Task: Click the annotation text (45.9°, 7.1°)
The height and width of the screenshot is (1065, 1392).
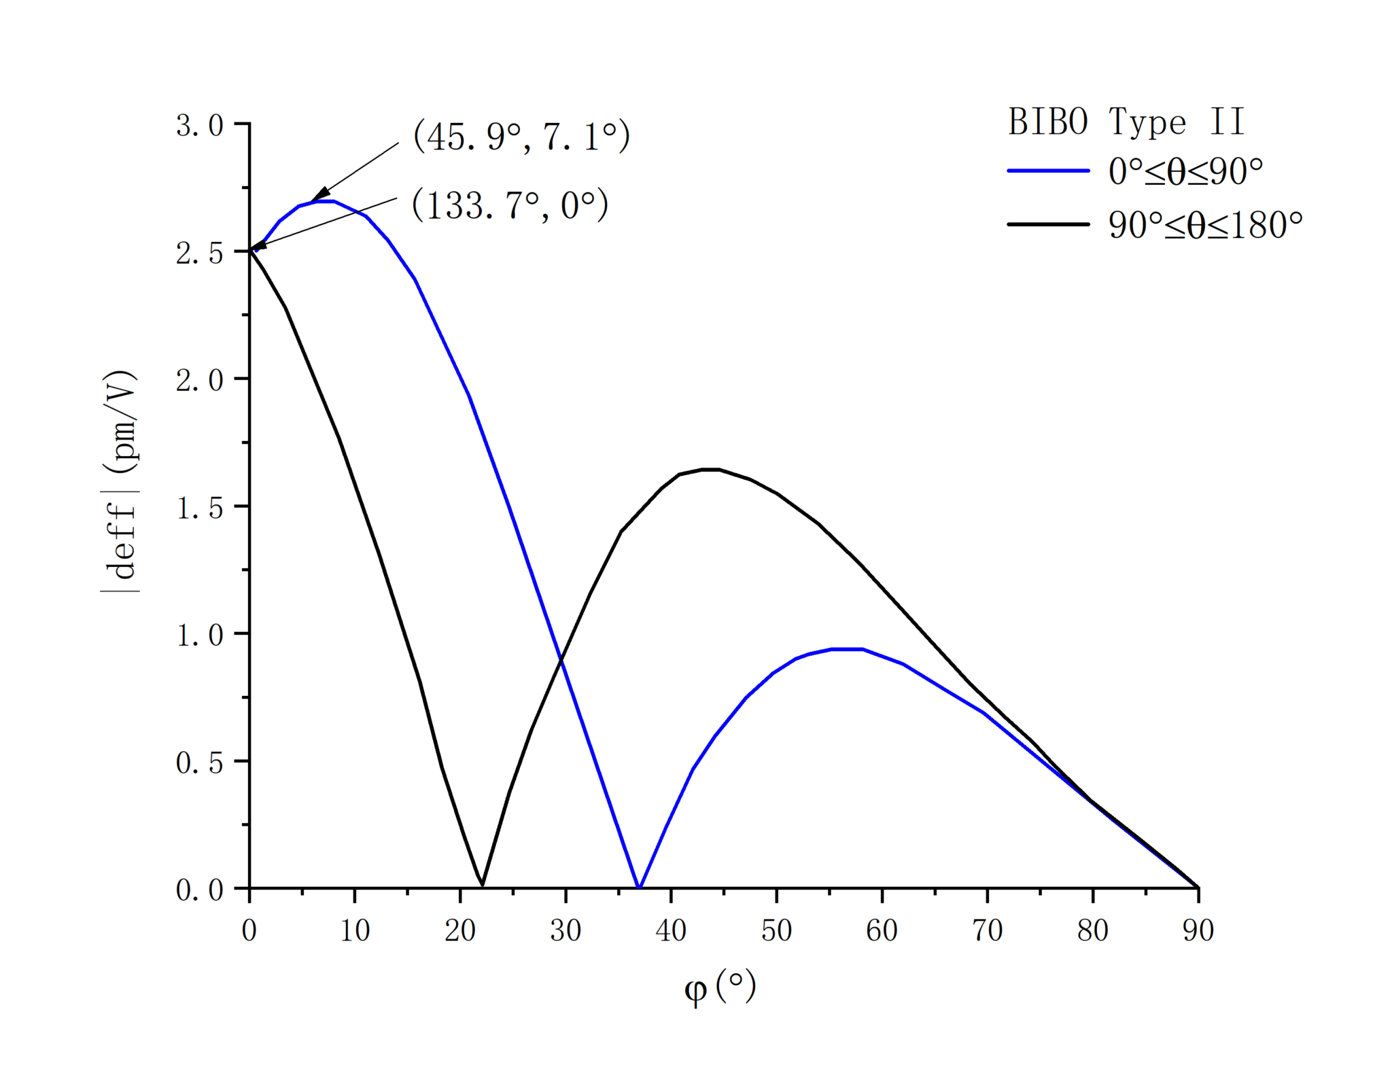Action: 521,137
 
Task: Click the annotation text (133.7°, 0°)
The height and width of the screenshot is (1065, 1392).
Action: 510,205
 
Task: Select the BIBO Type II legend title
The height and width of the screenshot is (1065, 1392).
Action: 1126,122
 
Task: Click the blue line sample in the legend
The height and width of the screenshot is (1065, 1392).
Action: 1048,171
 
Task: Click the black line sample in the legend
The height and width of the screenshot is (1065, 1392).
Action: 1048,224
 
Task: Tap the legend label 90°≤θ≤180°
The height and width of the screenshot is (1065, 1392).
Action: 1205,225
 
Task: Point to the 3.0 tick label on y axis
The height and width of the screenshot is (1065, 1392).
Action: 199,126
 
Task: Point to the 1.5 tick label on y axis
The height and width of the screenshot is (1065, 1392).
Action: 199,508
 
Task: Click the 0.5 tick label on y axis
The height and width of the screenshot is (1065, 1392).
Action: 199,763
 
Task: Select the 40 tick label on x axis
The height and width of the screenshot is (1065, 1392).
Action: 671,930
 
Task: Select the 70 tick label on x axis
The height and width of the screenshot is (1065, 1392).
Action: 987,930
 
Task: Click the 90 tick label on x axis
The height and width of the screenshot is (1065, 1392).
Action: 1198,930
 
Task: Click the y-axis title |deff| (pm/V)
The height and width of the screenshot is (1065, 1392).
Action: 120,481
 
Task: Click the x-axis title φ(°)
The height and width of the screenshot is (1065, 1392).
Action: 719,987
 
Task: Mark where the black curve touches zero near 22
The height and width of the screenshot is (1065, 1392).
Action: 483,886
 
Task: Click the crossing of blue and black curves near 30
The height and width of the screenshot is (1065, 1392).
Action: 561,658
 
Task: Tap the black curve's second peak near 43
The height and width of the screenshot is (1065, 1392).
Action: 710,469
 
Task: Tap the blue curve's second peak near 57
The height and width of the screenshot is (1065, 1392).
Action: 847,649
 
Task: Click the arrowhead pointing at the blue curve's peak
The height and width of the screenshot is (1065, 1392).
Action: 319,194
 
